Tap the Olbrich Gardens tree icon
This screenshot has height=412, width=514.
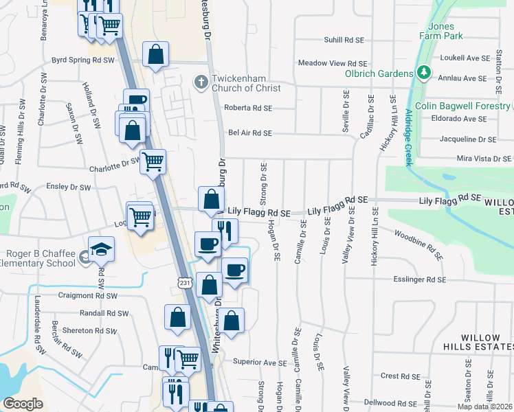click(x=424, y=73)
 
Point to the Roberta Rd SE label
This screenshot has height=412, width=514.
click(x=248, y=108)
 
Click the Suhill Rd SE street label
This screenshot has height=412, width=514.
click(x=343, y=41)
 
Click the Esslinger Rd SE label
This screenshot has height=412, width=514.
click(x=421, y=279)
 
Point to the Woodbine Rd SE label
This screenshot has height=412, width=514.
click(x=418, y=245)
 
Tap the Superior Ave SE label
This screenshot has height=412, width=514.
click(x=259, y=362)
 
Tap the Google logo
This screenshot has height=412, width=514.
click(x=23, y=403)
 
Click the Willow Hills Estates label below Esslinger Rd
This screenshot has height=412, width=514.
click(x=485, y=343)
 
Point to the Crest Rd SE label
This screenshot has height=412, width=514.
click(x=400, y=376)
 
